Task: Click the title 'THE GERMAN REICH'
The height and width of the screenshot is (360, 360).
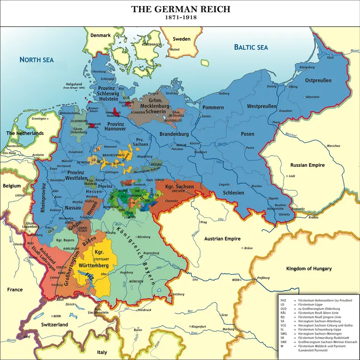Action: click(x=180, y=9)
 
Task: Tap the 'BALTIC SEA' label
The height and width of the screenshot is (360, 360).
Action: click(x=251, y=47)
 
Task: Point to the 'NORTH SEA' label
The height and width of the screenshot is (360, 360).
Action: click(x=37, y=60)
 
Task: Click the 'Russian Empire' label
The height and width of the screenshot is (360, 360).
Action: click(x=307, y=165)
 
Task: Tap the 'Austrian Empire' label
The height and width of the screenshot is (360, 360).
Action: click(x=222, y=239)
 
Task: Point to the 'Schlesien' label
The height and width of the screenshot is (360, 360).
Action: click(x=233, y=193)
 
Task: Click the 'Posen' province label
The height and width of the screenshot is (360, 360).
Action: click(x=247, y=134)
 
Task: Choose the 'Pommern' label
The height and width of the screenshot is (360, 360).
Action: click(x=213, y=107)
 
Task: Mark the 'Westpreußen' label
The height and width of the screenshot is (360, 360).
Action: click(x=262, y=106)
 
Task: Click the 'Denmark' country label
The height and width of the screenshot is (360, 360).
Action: click(x=100, y=35)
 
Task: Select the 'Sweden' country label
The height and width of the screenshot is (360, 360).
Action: click(x=181, y=38)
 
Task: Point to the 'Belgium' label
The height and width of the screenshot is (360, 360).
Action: click(x=12, y=186)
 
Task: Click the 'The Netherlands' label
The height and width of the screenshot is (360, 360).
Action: click(x=24, y=133)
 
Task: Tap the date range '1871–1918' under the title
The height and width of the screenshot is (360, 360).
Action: click(x=180, y=18)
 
